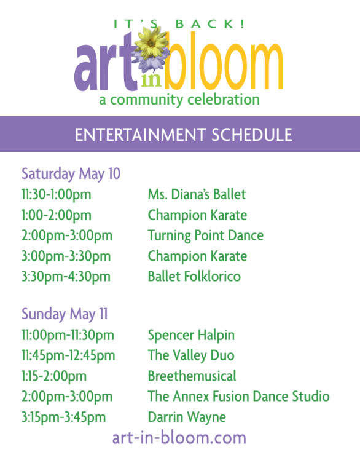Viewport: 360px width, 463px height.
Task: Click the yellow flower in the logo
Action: click(151, 43)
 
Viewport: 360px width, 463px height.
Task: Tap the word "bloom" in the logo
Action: click(224, 60)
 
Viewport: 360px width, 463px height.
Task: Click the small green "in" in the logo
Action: click(151, 80)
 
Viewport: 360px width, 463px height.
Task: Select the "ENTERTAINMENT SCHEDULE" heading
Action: click(183, 135)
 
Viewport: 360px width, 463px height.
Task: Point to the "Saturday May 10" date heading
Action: click(71, 173)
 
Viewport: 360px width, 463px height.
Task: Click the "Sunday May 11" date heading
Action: click(65, 314)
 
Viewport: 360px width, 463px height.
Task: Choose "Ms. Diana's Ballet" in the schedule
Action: click(197, 194)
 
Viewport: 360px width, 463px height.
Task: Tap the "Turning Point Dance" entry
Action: click(206, 235)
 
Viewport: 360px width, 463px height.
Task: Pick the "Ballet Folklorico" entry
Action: click(194, 276)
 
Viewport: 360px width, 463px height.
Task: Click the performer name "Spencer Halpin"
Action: click(191, 335)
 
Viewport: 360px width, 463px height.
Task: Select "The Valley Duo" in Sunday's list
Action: click(191, 355)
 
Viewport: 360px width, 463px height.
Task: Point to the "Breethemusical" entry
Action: click(192, 376)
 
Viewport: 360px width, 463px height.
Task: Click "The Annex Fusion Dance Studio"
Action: click(239, 396)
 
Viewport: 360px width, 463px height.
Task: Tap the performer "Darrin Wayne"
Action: click(187, 417)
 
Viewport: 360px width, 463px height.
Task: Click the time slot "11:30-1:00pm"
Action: click(57, 194)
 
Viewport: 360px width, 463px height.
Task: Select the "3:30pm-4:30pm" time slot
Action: click(66, 277)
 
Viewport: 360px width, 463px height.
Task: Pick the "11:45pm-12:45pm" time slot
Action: click(68, 355)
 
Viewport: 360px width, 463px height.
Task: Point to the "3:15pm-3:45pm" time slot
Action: click(63, 417)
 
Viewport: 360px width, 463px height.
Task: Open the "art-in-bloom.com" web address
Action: click(179, 438)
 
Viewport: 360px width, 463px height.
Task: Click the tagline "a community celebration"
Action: click(179, 100)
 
